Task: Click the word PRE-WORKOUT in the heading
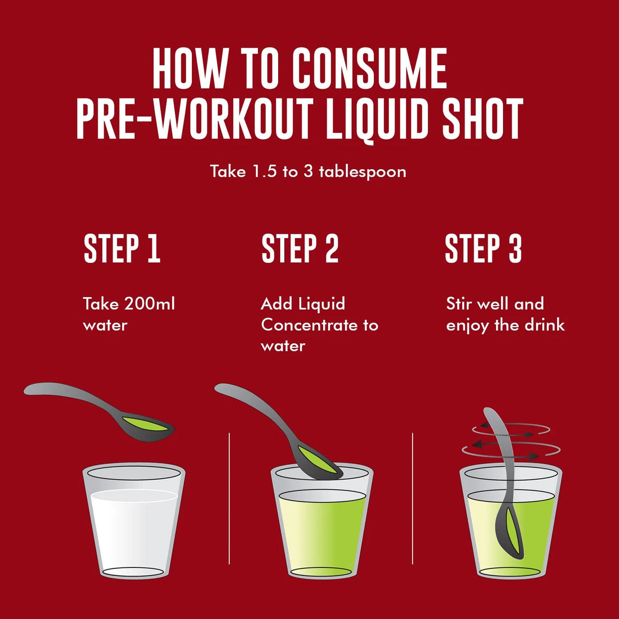(195, 118)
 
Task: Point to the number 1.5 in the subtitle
(265, 172)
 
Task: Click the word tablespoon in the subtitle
(363, 172)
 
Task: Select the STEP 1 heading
(122, 249)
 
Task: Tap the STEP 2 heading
(300, 249)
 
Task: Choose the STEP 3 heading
(483, 249)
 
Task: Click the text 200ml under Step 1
(150, 303)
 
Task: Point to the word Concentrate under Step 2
(309, 325)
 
